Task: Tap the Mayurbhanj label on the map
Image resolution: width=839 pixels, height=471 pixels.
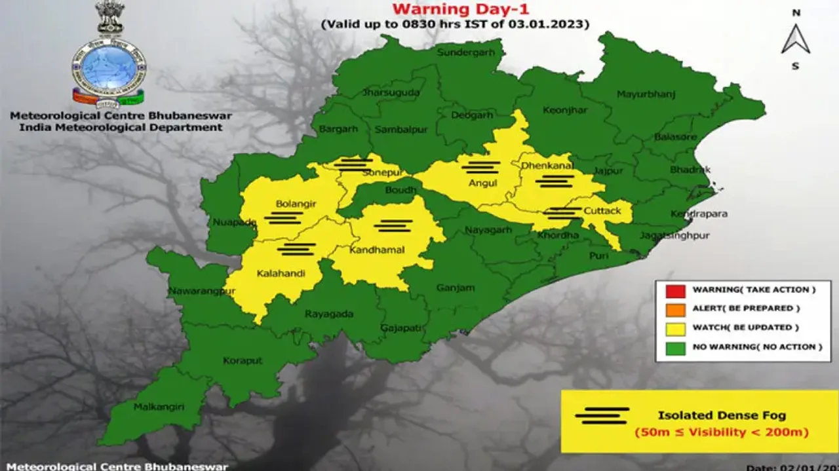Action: point(646,94)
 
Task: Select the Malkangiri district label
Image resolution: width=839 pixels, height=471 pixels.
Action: point(159,407)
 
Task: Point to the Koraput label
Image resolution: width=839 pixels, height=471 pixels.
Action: point(243,360)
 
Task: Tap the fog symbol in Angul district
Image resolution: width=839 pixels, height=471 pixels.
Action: point(480,167)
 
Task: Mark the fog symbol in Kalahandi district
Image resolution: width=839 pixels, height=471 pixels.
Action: point(296,249)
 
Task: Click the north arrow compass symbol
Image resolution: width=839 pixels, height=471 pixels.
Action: point(796,39)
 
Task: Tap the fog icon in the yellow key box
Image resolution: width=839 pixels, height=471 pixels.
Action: point(602,415)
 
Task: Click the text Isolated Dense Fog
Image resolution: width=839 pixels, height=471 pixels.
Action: point(722,415)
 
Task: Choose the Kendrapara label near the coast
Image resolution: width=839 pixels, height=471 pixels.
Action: point(699,214)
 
